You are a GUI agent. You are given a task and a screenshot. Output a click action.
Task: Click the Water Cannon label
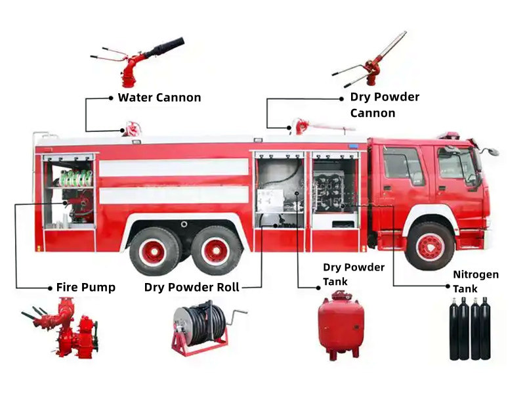coord(159,98)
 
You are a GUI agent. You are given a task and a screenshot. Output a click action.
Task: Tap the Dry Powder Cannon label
coord(384,104)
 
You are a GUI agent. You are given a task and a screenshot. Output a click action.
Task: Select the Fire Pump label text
coord(85,288)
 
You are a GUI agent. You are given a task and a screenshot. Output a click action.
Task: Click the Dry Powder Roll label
coord(192,288)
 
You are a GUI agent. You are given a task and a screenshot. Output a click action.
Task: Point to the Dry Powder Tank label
coord(353,274)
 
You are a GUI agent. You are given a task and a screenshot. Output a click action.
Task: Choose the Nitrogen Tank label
coord(475,281)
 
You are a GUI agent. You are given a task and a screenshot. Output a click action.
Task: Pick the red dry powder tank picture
coord(340,326)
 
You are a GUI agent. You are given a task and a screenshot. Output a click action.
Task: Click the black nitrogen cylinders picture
coord(469,328)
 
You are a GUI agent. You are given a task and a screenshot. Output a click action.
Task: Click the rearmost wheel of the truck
coord(154,250)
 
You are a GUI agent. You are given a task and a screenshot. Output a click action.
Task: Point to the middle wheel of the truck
coord(217,250)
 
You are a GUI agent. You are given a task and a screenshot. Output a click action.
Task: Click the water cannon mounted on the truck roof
coord(133,128)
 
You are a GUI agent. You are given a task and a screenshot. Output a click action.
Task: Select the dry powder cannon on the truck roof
coord(308,126)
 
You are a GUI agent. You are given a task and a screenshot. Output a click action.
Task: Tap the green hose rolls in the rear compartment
coord(76,177)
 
